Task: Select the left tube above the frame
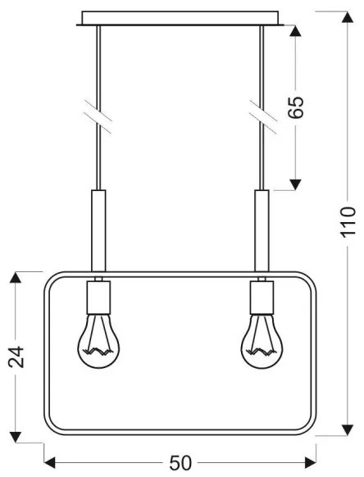[98, 229]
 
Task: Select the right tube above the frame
[262, 229]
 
